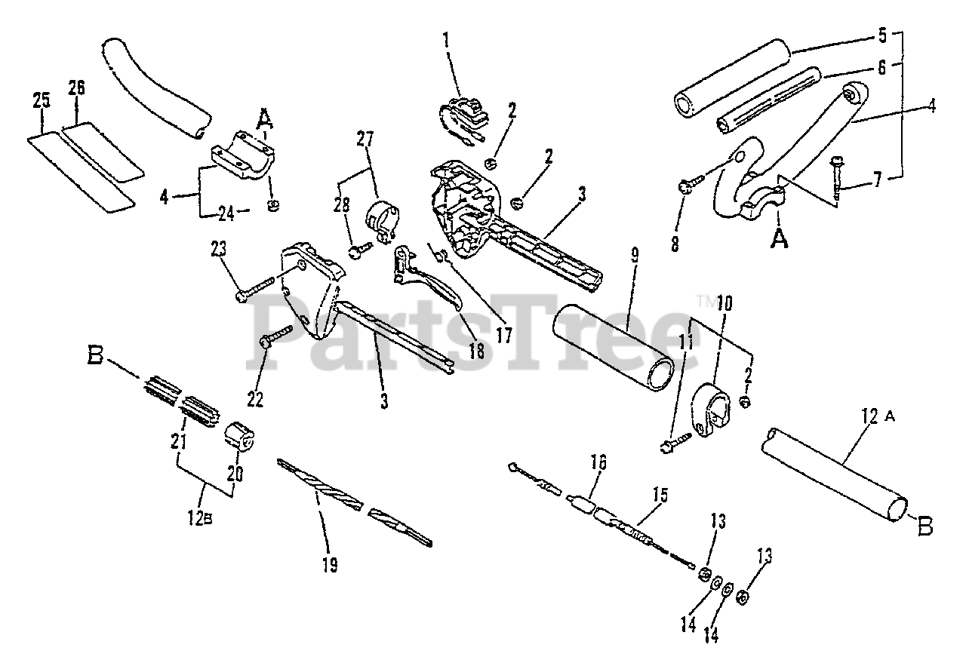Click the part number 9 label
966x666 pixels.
[x=635, y=254]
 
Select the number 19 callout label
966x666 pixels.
[x=328, y=564]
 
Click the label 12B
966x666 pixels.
[x=200, y=518]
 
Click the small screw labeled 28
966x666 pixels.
[x=358, y=248]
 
